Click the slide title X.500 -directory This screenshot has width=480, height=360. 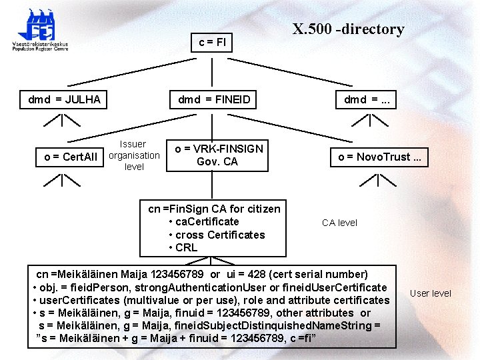(348, 29)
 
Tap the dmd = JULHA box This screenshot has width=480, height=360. (64, 100)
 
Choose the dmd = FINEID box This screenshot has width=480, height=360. (214, 100)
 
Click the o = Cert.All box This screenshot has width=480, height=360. (71, 157)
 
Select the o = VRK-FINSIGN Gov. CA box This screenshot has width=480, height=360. (219, 155)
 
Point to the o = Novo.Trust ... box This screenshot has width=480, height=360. (379, 157)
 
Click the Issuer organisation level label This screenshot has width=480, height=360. (134, 155)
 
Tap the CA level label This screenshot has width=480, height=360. (339, 223)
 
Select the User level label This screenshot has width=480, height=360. (430, 293)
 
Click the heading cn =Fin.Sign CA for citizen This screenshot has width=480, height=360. (214, 209)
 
